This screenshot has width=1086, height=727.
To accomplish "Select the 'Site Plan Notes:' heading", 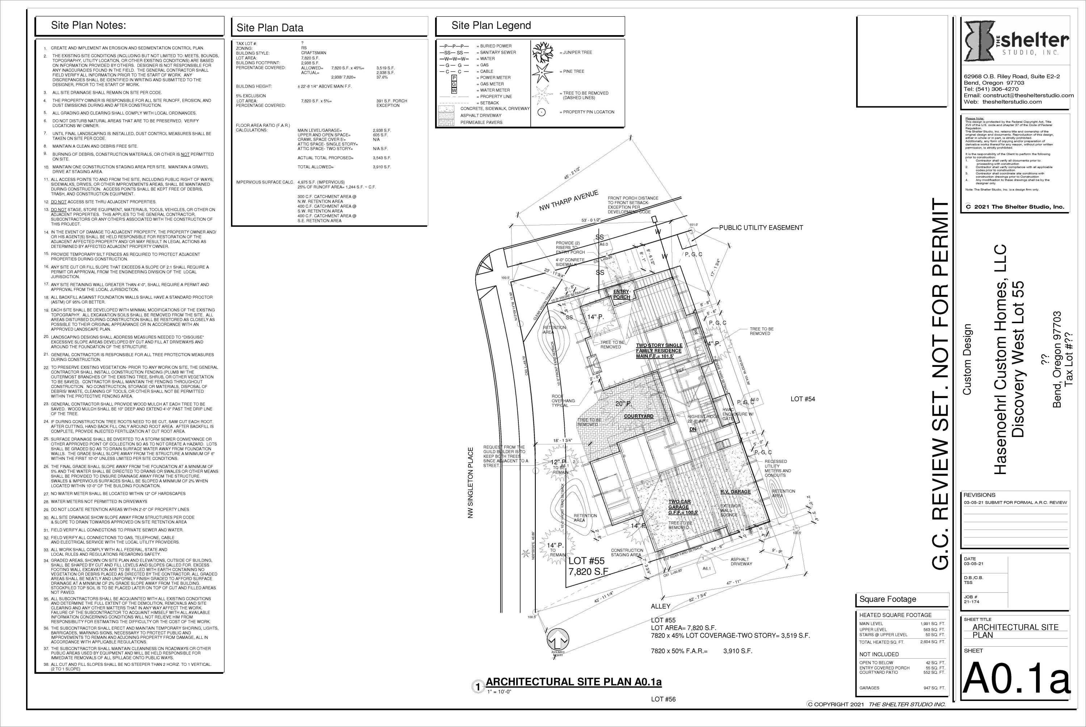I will (88, 25).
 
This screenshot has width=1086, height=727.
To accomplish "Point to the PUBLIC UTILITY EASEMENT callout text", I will (761, 228).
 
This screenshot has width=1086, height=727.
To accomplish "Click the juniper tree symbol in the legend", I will (543, 53).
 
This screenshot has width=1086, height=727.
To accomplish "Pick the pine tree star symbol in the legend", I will (543, 72).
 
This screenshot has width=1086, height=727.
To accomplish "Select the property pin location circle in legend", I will (542, 112).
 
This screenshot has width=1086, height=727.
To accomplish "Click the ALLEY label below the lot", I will (660, 606).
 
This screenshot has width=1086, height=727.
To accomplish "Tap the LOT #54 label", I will (803, 399).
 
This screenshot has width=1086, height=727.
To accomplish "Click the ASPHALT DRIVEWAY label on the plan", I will (741, 562).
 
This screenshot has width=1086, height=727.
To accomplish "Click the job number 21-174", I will (971, 602).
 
